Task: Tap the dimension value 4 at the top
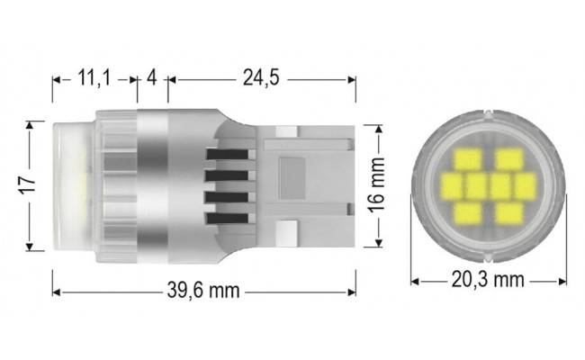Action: tap(151, 79)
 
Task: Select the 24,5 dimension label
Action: tap(261, 79)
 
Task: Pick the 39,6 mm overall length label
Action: tap(202, 292)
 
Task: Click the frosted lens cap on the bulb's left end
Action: tap(69, 184)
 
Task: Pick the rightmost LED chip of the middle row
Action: tap(525, 187)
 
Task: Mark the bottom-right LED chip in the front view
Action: tap(509, 213)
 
